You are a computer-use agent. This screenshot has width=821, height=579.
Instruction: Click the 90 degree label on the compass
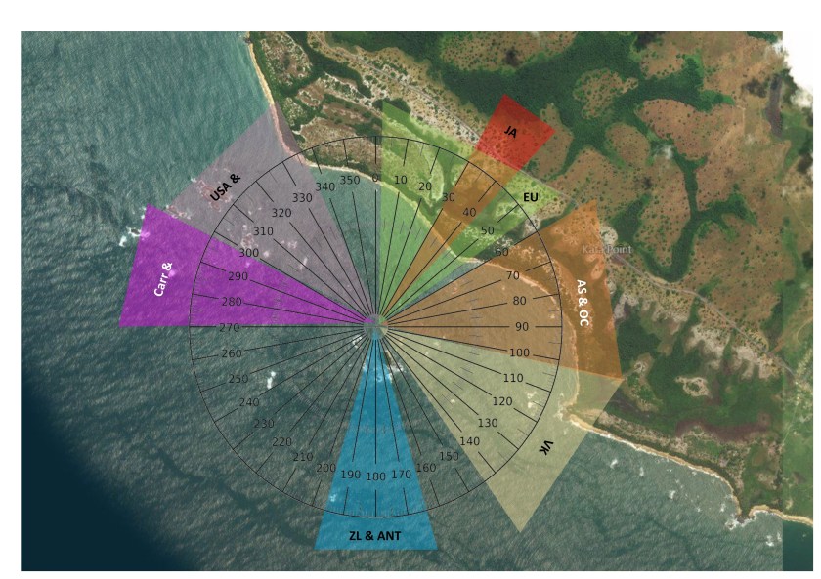tap(548, 327)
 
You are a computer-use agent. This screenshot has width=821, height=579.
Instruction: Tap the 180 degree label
tap(375, 476)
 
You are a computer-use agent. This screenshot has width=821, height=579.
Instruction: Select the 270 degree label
tap(230, 327)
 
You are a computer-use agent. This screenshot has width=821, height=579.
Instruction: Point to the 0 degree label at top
tap(375, 178)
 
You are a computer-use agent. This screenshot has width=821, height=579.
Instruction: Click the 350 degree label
tap(350, 180)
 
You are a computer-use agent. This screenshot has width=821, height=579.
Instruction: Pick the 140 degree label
tap(470, 441)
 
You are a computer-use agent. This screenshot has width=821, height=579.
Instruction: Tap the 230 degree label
tap(264, 423)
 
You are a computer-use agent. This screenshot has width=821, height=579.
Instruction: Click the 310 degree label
tap(263, 231)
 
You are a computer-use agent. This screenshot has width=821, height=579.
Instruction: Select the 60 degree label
tap(502, 253)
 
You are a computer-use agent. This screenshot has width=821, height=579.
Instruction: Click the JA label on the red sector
tap(510, 131)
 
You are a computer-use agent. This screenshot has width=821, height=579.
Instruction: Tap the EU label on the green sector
tap(531, 197)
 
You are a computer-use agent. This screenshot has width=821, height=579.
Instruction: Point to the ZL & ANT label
tap(375, 535)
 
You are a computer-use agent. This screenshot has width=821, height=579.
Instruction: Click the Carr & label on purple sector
tap(163, 278)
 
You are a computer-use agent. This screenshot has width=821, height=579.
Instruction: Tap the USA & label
tap(225, 186)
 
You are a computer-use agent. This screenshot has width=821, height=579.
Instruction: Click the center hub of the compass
tap(375, 327)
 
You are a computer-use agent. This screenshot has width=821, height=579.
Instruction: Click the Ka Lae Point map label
tap(607, 250)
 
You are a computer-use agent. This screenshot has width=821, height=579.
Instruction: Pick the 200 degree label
tap(325, 468)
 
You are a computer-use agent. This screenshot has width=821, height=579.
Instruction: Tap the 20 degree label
tap(425, 186)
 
